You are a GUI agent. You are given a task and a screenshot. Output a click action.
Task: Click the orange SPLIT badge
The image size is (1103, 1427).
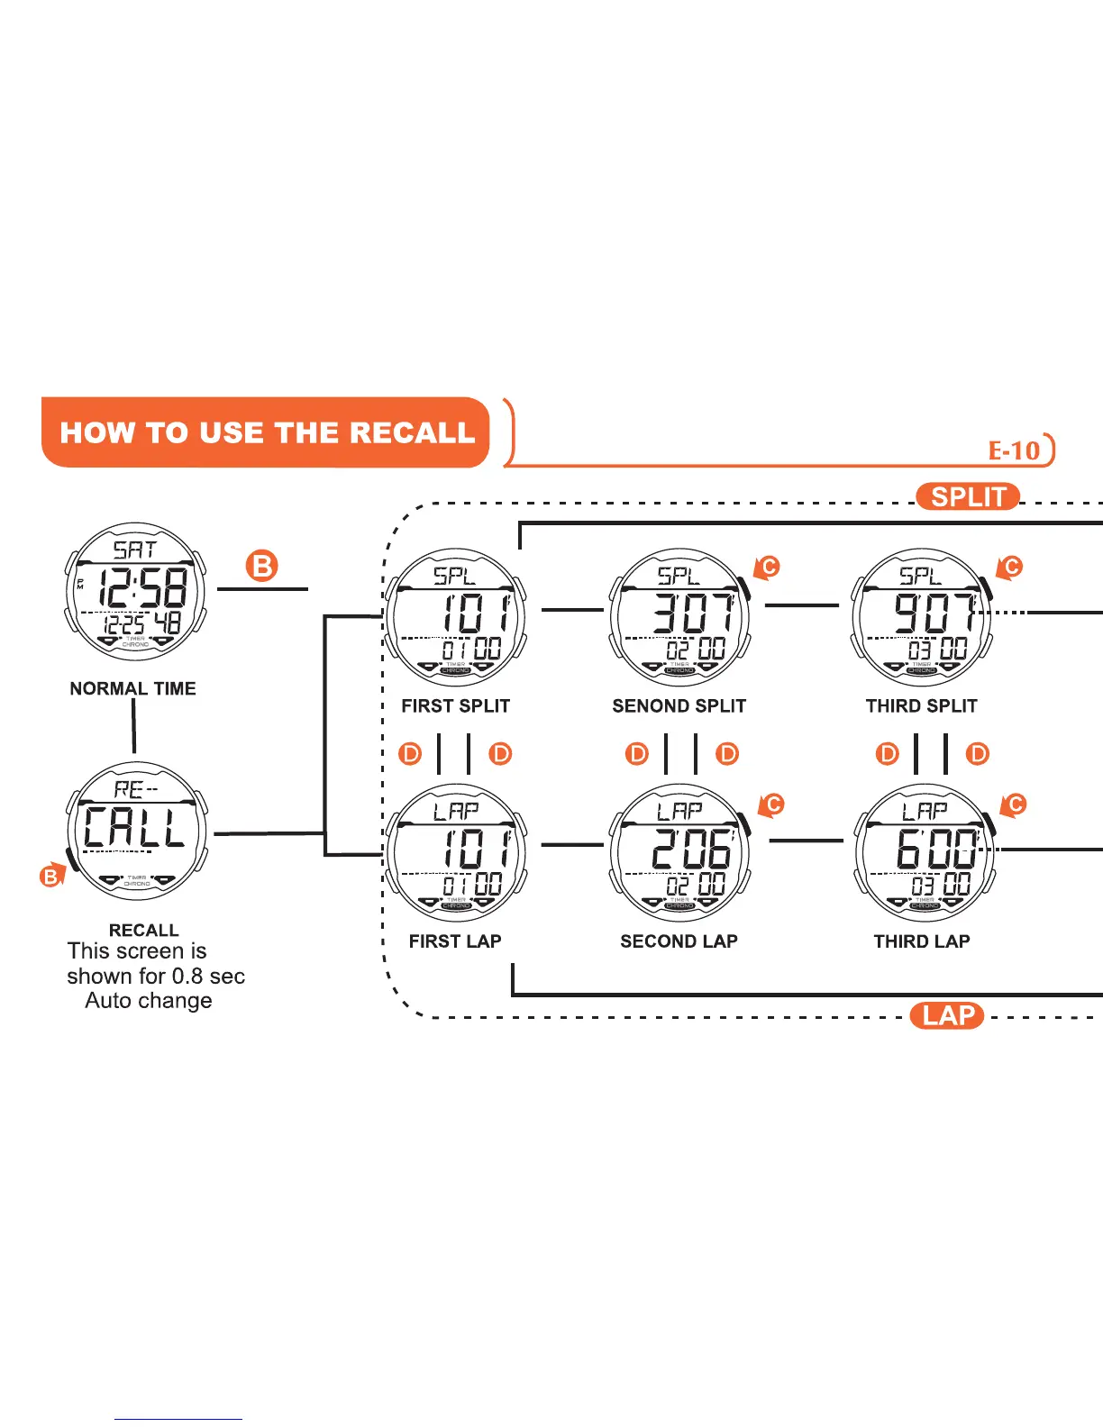pos(968,497)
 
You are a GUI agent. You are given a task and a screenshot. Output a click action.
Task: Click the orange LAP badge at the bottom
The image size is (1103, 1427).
pos(948,1016)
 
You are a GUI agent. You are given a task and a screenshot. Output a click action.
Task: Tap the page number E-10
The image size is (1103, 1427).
pos(1015,450)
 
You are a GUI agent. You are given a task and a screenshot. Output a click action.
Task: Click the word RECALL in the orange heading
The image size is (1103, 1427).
pos(412,432)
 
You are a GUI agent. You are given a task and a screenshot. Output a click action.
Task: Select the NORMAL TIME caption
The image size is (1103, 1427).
pos(132,688)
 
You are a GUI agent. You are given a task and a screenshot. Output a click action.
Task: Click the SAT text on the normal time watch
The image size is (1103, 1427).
pos(134,550)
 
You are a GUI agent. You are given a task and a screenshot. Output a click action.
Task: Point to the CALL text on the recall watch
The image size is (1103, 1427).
pos(135,828)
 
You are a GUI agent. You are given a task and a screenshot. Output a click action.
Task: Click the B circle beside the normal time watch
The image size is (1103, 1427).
pos(261,567)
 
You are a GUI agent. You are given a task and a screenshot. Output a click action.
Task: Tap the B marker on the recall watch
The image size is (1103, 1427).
pos(50,877)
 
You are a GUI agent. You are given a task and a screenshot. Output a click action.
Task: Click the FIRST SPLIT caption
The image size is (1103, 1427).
pos(455,706)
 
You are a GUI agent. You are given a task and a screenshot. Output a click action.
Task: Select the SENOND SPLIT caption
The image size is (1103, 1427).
pos(679,706)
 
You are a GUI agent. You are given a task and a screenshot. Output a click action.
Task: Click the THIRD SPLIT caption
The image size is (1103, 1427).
pos(921,706)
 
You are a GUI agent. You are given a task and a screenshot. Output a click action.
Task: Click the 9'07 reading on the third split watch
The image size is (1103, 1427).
pos(935,613)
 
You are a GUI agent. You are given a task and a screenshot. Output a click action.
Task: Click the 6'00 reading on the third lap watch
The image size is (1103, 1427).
pos(935,849)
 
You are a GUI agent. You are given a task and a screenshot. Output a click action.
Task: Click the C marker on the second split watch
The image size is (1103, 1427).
pos(769,567)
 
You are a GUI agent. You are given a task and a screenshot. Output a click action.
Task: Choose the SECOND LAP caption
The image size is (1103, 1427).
pos(679,941)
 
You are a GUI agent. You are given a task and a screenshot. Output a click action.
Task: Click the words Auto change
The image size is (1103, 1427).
pos(149,1001)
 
